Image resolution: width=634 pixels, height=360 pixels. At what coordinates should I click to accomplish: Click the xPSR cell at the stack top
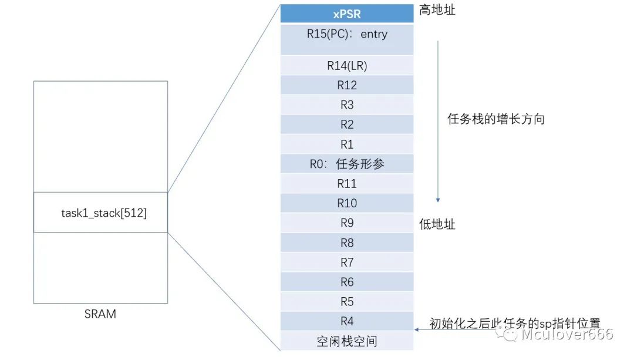pyautogui.click(x=347, y=14)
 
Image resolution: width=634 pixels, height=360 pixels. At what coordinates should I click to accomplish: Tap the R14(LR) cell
pyautogui.click(x=347, y=65)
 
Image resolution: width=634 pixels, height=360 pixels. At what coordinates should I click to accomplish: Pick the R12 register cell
pyautogui.click(x=347, y=85)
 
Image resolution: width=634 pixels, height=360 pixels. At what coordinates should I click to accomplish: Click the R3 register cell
pyautogui.click(x=347, y=105)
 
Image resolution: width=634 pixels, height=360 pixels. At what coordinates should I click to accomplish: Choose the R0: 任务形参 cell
pyautogui.click(x=347, y=164)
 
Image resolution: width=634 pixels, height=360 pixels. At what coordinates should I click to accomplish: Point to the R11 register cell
pyautogui.click(x=347, y=184)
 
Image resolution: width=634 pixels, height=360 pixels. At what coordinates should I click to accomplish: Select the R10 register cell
pyautogui.click(x=347, y=203)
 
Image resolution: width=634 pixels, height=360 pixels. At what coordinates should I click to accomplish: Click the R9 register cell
pyautogui.click(x=347, y=223)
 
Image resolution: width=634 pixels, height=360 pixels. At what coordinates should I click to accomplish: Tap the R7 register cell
pyautogui.click(x=347, y=263)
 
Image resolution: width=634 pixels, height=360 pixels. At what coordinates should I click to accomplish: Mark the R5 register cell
pyautogui.click(x=347, y=302)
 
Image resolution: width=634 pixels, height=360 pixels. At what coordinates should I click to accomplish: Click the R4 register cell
pyautogui.click(x=347, y=321)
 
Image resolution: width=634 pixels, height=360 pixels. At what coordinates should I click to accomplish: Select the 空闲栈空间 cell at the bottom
pyautogui.click(x=347, y=341)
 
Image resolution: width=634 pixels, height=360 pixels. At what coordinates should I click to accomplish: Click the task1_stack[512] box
pyautogui.click(x=100, y=213)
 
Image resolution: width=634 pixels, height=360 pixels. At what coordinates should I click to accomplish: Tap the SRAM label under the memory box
pyautogui.click(x=100, y=314)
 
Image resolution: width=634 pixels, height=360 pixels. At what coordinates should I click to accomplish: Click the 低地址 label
pyautogui.click(x=437, y=224)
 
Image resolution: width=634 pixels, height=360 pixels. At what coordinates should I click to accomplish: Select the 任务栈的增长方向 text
pyautogui.click(x=496, y=119)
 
